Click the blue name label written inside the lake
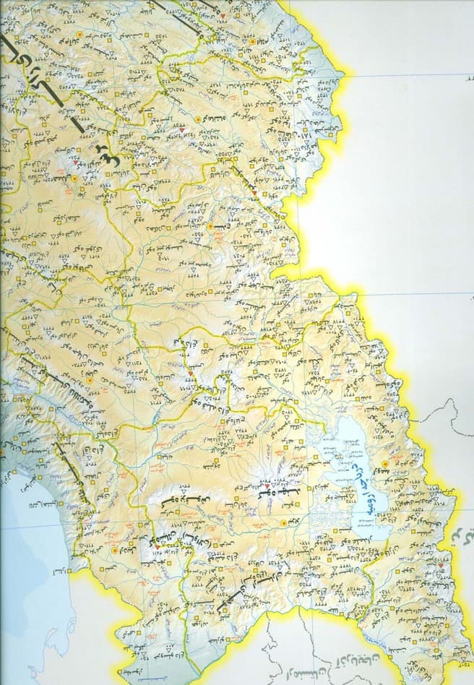[365, 485]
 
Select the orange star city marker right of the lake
[384, 462]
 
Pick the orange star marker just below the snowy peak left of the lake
[282, 522]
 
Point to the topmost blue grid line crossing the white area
[405, 76]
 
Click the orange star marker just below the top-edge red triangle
[251, 42]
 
